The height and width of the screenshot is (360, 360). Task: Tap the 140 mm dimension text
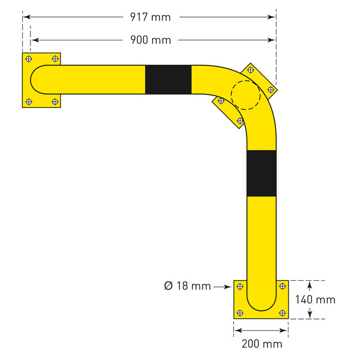coord(316,300)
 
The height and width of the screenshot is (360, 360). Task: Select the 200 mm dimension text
coord(261,344)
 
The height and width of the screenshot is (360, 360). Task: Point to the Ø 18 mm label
coord(187,286)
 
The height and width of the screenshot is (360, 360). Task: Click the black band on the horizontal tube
coord(168,80)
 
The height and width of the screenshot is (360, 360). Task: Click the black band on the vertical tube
coord(261,173)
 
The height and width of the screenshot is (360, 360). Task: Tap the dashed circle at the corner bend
coord(245,95)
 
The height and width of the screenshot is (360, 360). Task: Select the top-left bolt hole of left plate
coord(29,59)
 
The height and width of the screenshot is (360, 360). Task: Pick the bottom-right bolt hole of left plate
coord(54,101)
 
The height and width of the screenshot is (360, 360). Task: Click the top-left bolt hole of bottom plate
coord(240,286)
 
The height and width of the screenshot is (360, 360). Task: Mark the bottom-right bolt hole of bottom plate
coord(282,312)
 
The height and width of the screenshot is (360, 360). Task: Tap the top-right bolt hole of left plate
coord(54,59)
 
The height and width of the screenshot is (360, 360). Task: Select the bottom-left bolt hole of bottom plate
coord(240,312)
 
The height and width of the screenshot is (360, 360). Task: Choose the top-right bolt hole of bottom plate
coord(282,286)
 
